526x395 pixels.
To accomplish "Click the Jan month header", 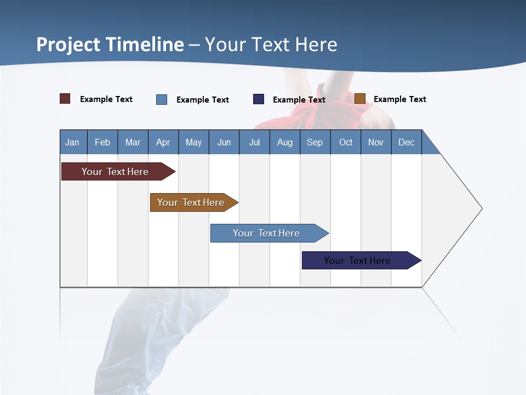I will click(72, 142).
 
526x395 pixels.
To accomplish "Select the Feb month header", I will click(102, 142).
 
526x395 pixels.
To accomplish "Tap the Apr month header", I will click(163, 142).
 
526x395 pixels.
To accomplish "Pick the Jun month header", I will click(224, 142).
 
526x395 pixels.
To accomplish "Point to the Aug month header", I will click(284, 142).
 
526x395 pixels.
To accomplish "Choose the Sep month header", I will click(315, 142).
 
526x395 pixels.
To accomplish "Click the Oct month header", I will click(346, 142).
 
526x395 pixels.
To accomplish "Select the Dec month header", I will click(406, 142).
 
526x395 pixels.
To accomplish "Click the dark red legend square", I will click(65, 99).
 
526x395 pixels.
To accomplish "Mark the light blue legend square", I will click(162, 99).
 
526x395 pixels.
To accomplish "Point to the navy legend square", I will click(259, 99).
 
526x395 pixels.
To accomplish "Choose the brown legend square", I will click(360, 99).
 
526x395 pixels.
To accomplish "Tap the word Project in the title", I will click(68, 44).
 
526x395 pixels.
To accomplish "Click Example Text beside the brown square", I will click(399, 99).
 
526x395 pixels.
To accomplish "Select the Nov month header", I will click(376, 142).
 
